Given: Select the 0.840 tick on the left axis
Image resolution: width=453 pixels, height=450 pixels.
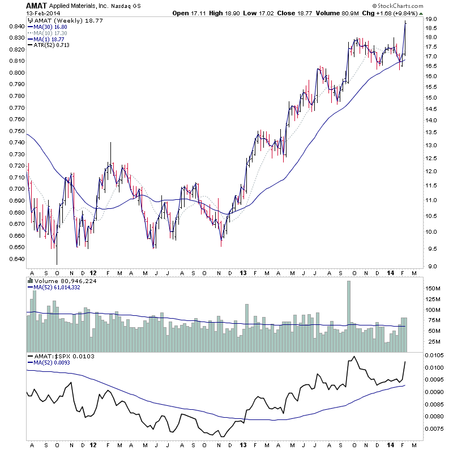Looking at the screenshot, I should (15, 26).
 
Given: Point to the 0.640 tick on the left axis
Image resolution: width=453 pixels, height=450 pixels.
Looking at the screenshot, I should (15, 259).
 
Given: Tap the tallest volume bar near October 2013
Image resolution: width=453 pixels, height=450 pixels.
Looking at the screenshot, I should (349, 309).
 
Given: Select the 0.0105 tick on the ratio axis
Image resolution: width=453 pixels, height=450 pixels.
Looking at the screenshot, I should (436, 355).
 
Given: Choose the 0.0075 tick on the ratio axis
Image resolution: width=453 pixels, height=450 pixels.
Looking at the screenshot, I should (436, 428).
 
